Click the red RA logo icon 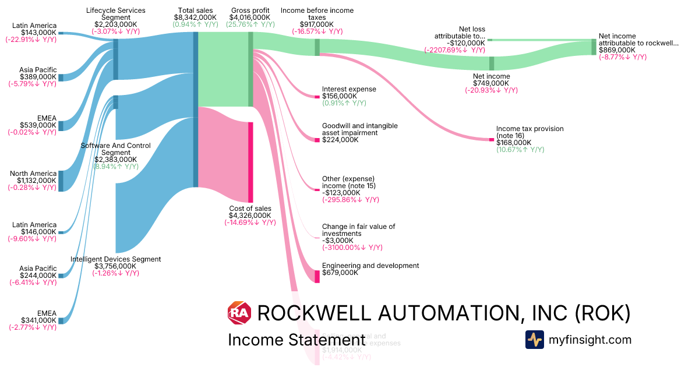point(239,313)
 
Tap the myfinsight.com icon point(535,340)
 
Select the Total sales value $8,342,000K point(195,18)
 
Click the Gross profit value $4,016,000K point(250,18)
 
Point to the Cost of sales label point(250,209)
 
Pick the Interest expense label point(349,89)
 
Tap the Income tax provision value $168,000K point(514,142)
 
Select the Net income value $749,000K point(491,83)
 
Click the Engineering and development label point(370,266)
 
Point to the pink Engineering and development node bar point(317,276)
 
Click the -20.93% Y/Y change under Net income point(491,90)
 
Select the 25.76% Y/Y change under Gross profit point(250,25)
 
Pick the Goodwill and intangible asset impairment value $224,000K point(340,140)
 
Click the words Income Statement point(296,340)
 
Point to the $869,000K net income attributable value point(617,50)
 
